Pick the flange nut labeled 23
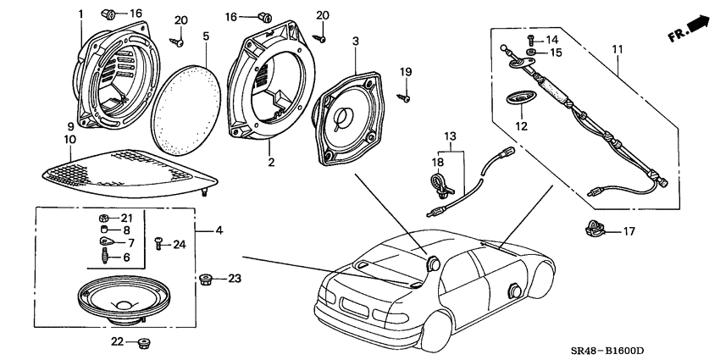tap(205, 279)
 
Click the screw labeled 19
tap(406, 98)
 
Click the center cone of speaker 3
tap(345, 119)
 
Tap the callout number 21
tap(127, 218)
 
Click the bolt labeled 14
tap(531, 39)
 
